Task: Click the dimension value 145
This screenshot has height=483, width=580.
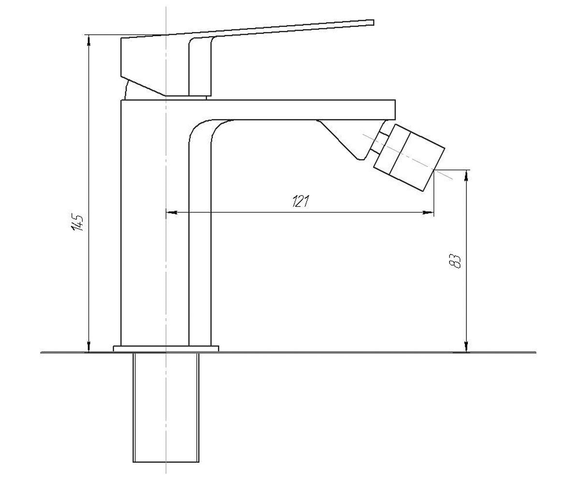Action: pos(77,222)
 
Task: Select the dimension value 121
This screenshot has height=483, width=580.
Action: pos(301,201)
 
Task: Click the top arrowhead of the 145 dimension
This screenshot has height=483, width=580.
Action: pos(88,40)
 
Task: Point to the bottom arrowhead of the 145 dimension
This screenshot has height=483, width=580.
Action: pos(88,347)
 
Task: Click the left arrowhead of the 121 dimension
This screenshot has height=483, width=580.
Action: pos(172,213)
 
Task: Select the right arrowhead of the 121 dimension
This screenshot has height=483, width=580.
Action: pos(428,213)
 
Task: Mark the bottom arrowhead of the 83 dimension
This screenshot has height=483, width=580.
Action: pos(467,347)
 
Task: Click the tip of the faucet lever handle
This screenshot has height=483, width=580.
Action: pos(374,22)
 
